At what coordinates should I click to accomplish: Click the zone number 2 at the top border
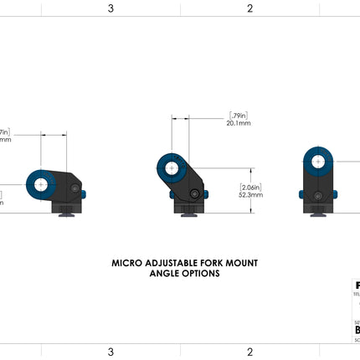click(249, 9)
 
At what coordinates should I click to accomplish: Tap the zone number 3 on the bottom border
click(111, 352)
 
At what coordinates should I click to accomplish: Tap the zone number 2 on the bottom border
click(249, 352)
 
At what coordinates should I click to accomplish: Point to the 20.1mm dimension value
click(239, 123)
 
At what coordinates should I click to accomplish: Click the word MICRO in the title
click(126, 262)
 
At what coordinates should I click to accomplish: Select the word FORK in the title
click(205, 262)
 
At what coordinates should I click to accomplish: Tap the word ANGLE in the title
click(165, 273)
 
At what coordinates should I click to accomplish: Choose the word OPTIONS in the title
click(201, 273)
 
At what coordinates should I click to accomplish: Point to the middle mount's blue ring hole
click(171, 168)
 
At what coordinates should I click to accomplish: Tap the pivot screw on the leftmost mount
click(76, 193)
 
